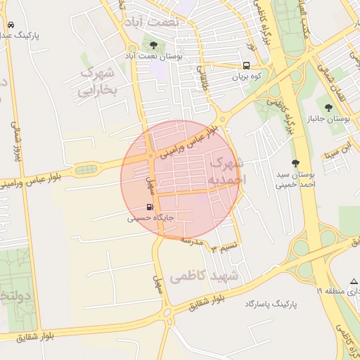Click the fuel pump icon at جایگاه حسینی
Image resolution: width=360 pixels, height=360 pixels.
click(x=149, y=207)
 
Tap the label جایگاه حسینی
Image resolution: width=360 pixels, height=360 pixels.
click(x=150, y=219)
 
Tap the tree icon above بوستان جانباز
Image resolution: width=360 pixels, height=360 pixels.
click(x=329, y=106)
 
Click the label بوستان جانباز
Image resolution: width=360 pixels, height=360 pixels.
click(x=329, y=118)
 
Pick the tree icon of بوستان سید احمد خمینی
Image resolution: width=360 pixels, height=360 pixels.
click(x=295, y=163)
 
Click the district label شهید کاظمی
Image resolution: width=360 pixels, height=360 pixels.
click(x=205, y=276)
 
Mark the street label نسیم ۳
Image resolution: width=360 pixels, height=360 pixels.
click(x=226, y=247)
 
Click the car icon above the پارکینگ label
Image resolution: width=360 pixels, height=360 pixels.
click(x=11, y=25)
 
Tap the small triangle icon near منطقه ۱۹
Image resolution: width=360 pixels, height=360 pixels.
click(x=354, y=281)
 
